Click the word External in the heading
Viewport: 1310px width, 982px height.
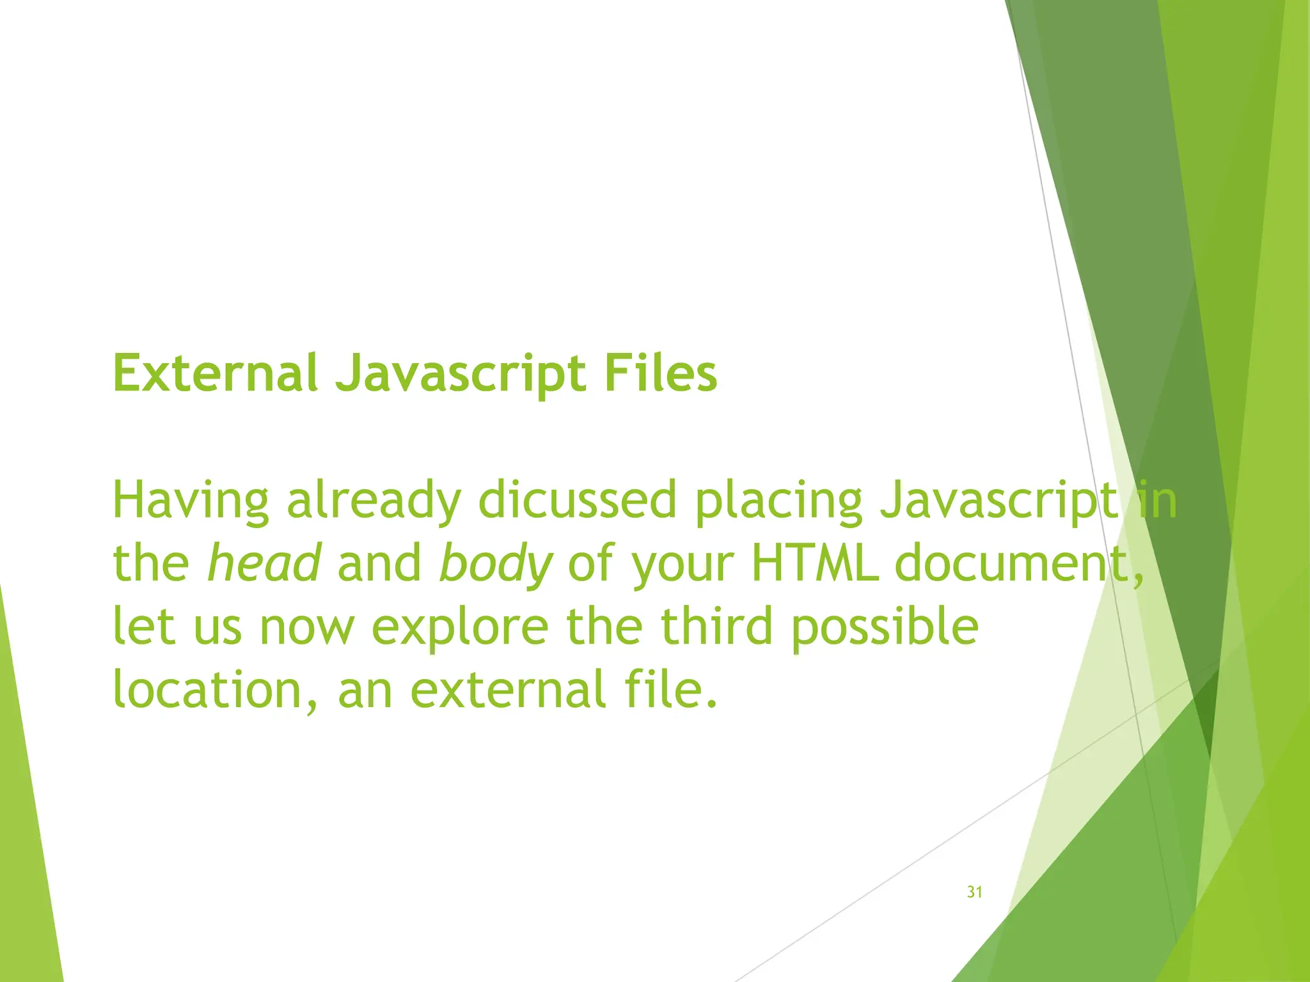point(215,373)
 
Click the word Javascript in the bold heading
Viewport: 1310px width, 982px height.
point(461,375)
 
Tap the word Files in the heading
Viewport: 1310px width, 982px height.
point(660,373)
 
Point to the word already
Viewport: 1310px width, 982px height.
point(374,501)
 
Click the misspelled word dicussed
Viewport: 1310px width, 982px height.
point(578,500)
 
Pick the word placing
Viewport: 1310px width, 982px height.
point(778,501)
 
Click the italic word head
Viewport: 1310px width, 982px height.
point(264,563)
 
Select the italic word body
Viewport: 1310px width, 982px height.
point(495,564)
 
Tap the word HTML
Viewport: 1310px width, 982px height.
point(814,563)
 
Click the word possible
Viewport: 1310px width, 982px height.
point(884,627)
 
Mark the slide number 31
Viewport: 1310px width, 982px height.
point(974,892)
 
